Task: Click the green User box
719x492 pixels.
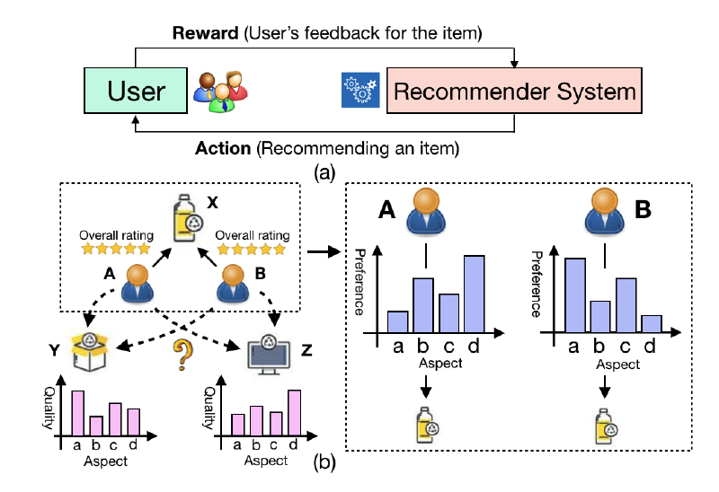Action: coord(137,90)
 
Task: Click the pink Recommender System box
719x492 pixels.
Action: coord(515,91)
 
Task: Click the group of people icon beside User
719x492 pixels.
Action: coord(220,90)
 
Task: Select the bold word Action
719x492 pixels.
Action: coord(223,146)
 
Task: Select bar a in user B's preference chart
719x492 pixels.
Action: coord(576,294)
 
